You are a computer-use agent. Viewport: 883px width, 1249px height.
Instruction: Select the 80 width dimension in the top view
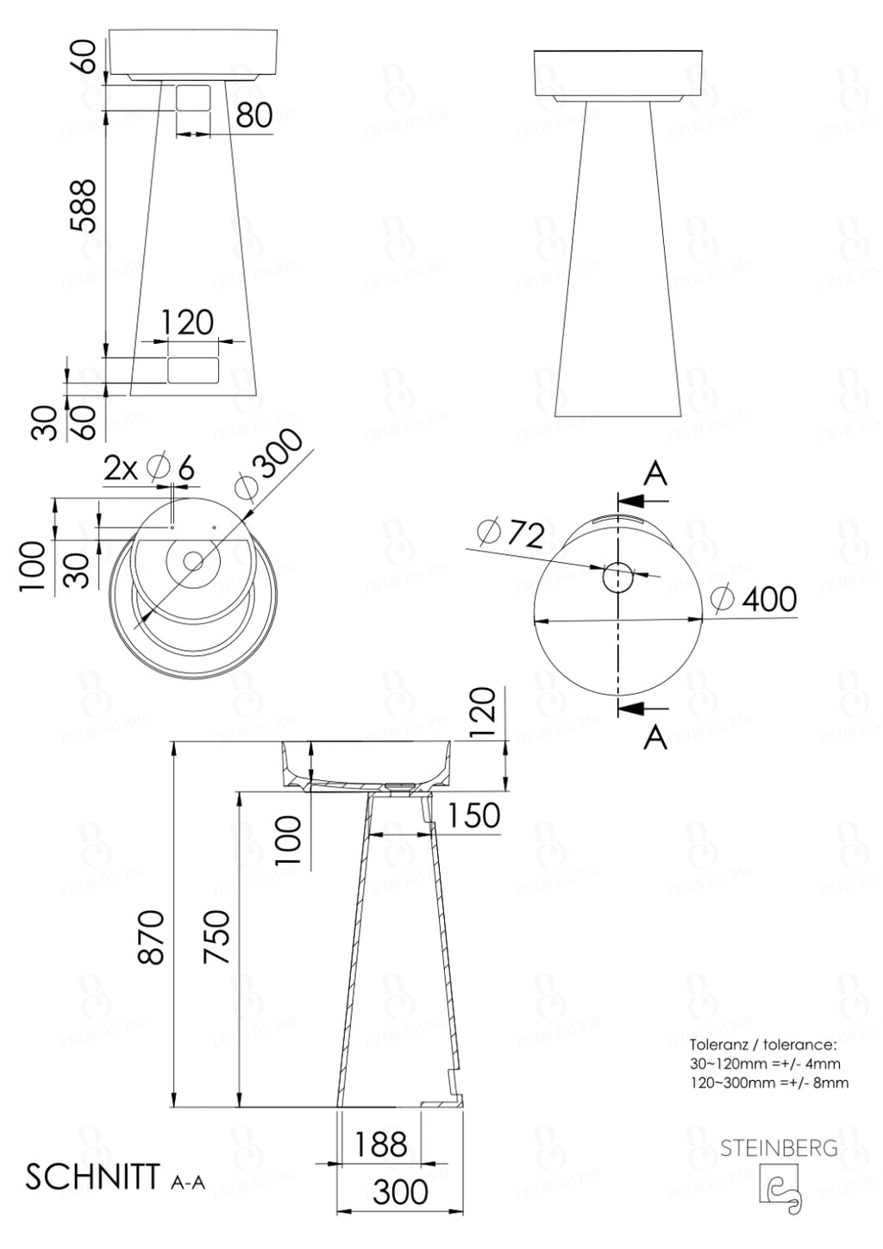254,114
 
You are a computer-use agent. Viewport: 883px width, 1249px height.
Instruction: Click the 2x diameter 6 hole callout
148,468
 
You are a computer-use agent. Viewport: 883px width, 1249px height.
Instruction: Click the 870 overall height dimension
152,937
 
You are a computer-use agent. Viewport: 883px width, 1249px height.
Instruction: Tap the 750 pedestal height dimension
217,937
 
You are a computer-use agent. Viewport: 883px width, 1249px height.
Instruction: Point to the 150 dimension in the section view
473,815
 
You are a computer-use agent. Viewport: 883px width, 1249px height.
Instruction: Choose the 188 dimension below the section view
380,1145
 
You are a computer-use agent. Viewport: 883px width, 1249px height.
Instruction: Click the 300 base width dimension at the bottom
400,1192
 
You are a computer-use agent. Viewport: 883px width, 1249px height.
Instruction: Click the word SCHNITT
91,1177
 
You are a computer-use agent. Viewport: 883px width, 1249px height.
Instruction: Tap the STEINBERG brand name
779,1148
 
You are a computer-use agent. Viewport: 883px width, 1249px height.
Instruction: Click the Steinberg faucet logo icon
780,1184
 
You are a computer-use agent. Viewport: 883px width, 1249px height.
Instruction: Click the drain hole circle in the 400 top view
618,578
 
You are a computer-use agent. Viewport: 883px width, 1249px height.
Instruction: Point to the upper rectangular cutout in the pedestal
193,97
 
